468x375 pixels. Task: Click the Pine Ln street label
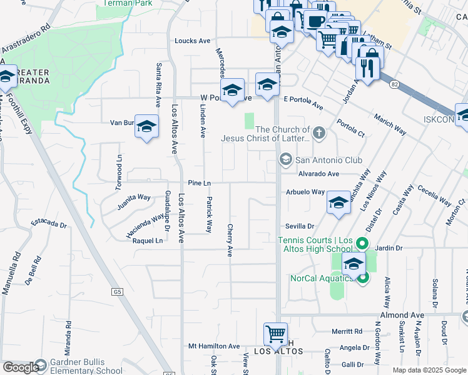click(199, 182)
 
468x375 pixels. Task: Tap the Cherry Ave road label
click(230, 241)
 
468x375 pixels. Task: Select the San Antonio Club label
click(320, 160)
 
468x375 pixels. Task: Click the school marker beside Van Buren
click(146, 127)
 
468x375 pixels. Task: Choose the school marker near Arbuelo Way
click(338, 202)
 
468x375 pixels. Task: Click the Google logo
click(20, 367)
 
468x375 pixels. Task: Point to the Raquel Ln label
click(148, 241)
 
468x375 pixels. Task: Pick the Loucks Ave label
click(192, 41)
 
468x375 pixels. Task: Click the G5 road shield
click(117, 291)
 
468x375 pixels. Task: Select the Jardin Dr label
click(389, 248)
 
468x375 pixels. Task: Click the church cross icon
click(320, 132)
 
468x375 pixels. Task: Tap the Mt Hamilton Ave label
click(214, 346)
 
